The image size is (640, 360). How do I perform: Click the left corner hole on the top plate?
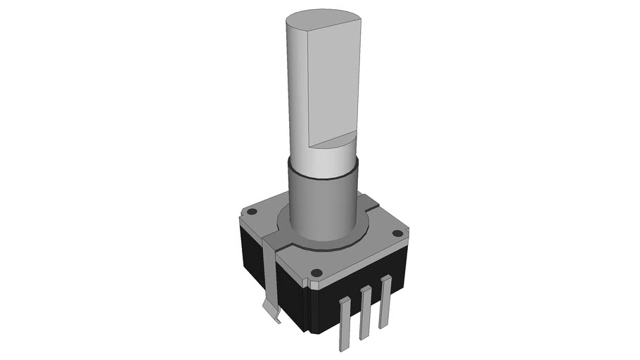pos(251,210)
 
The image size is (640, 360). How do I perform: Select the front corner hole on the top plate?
pos(316,272)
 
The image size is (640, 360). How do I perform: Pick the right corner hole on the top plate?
pos(397,233)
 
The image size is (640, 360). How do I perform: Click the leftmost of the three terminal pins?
pos(344,323)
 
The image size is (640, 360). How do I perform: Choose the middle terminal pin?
pos(364,313)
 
